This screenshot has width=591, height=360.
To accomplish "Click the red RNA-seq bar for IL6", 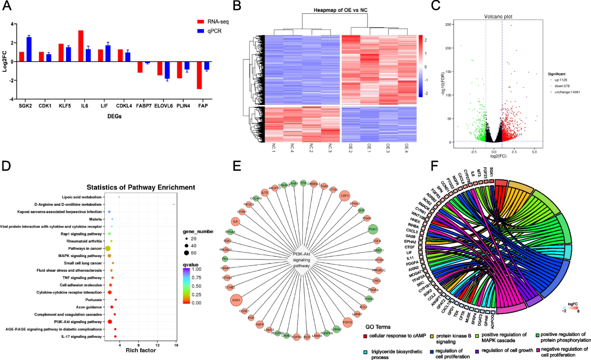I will click(x=80, y=46).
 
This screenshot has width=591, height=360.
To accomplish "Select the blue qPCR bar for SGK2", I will click(x=29, y=49).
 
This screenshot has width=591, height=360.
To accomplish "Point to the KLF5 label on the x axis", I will click(x=65, y=106).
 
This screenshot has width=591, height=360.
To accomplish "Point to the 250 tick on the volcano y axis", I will click(x=449, y=24).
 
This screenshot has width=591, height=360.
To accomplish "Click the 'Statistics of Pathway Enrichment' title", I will click(x=141, y=187).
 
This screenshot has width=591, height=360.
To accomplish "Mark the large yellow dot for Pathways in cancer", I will click(x=107, y=249).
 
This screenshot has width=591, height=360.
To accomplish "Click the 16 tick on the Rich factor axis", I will click(x=175, y=343).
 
